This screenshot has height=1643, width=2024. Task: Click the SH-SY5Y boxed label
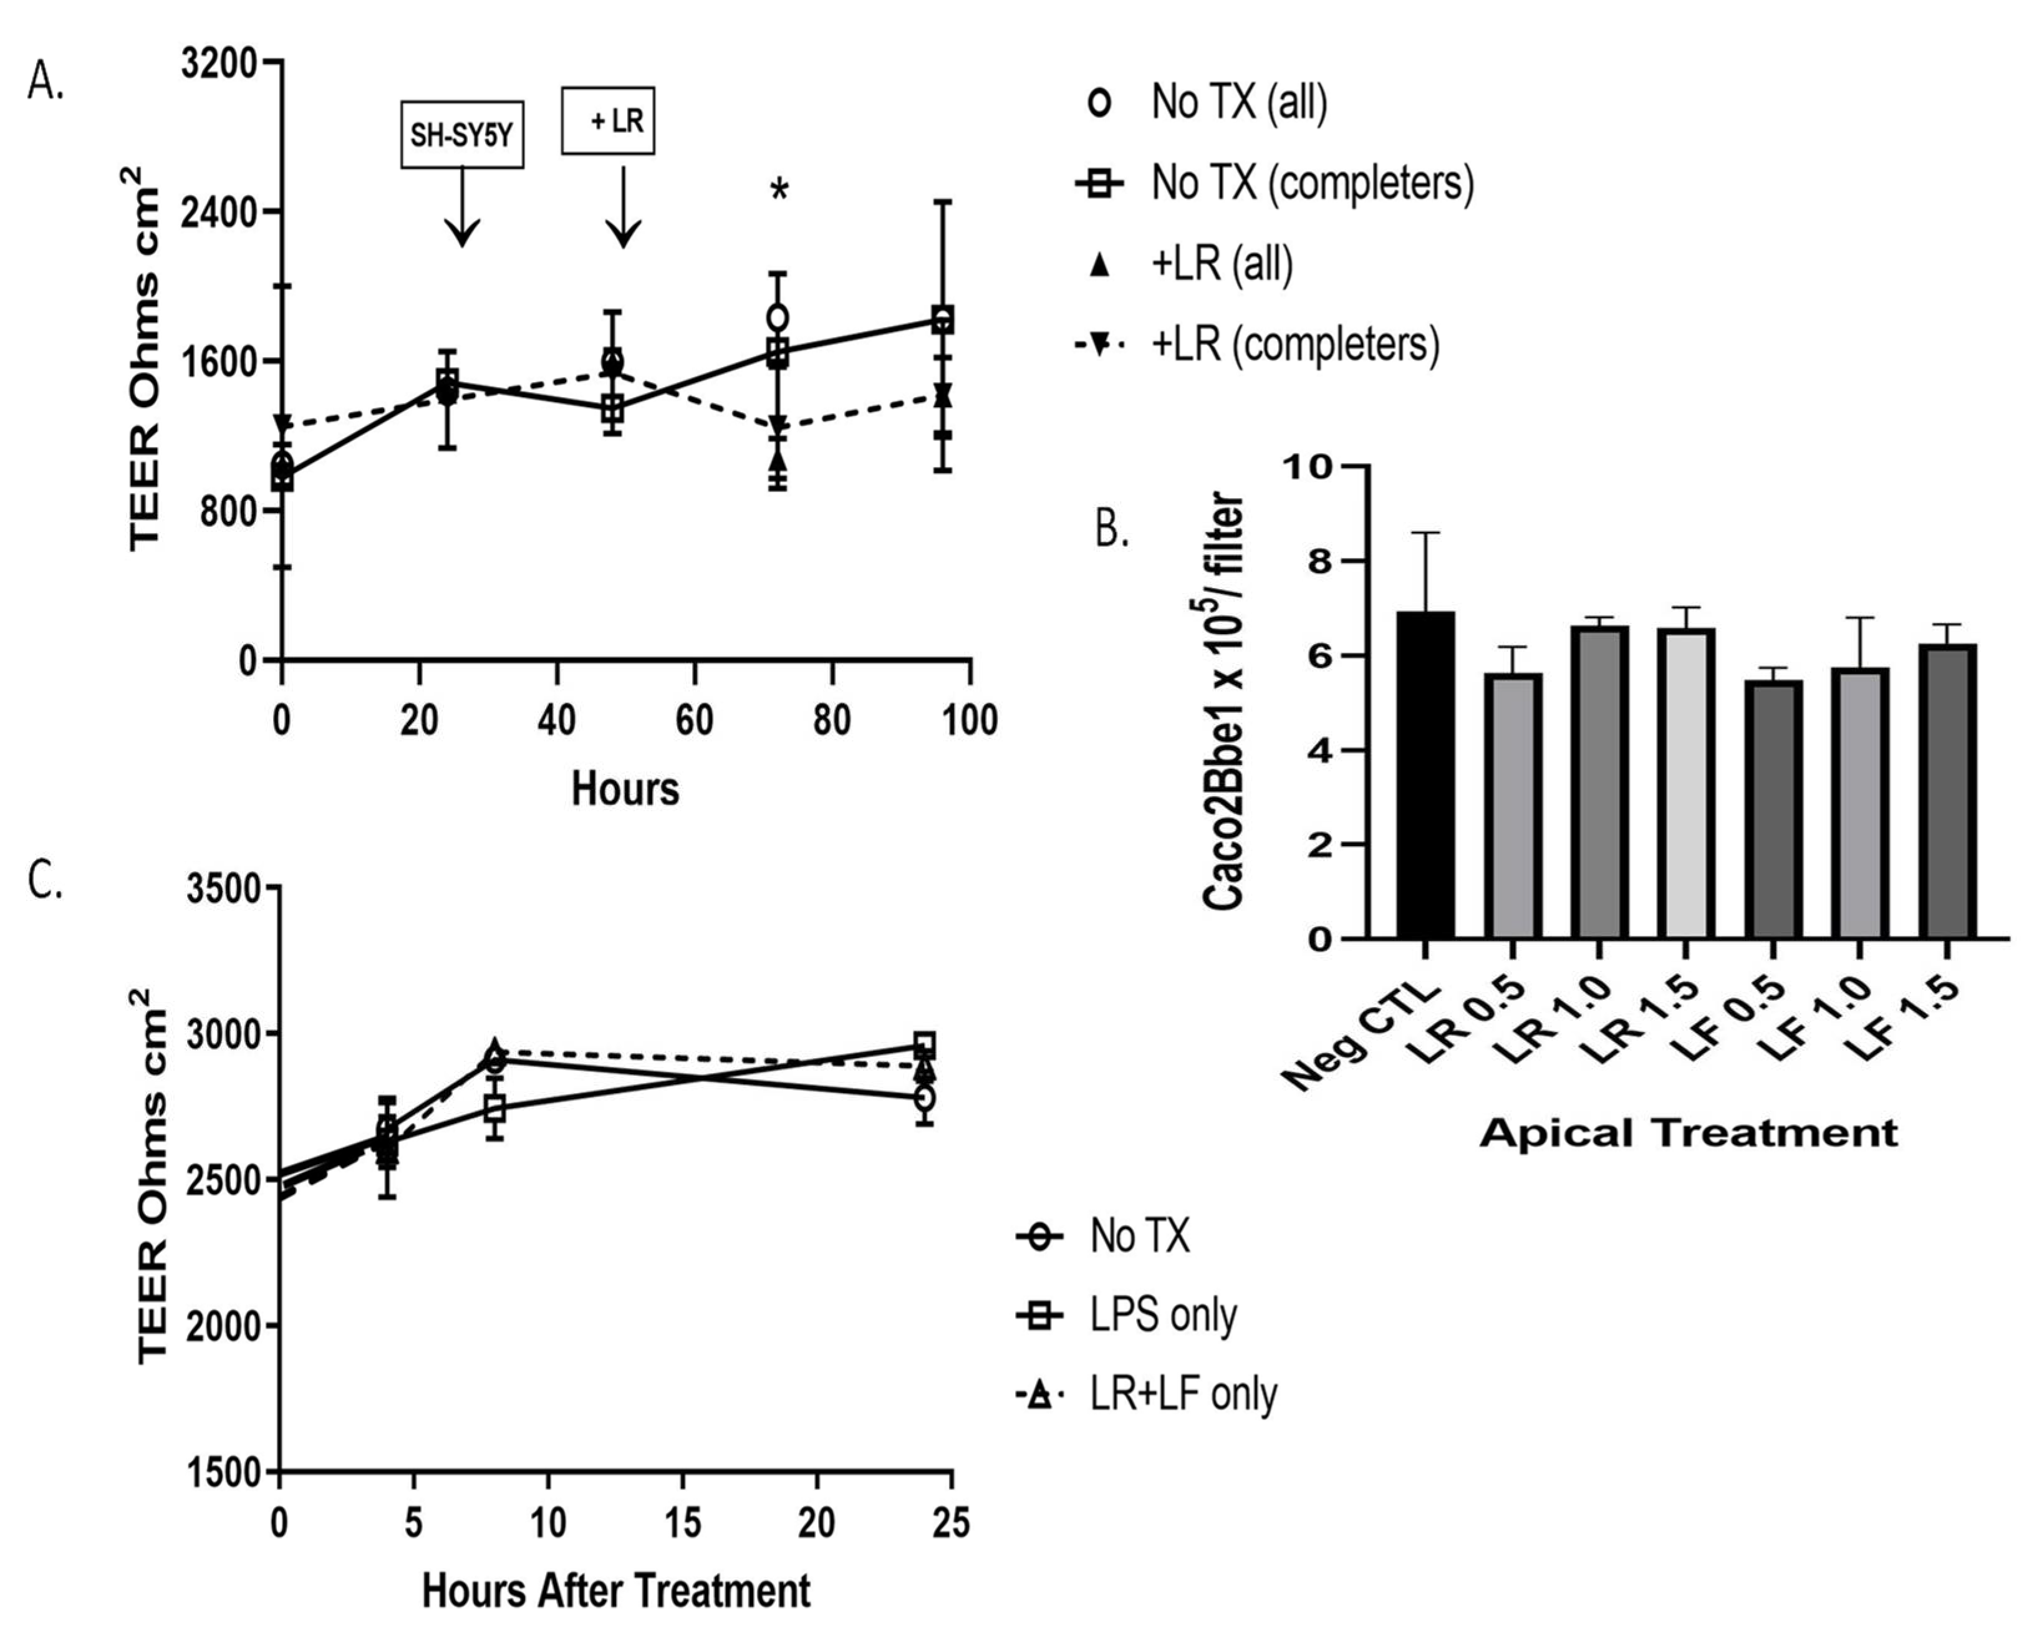click(462, 135)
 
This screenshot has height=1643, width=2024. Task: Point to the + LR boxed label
click(609, 120)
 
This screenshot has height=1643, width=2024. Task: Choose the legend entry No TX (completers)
click(1311, 181)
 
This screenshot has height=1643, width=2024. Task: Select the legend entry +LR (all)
click(1221, 263)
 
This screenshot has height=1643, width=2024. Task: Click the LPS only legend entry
click(1163, 1314)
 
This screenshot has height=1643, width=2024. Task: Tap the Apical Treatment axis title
click(1688, 1133)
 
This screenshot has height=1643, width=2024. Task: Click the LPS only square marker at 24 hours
click(925, 1045)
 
